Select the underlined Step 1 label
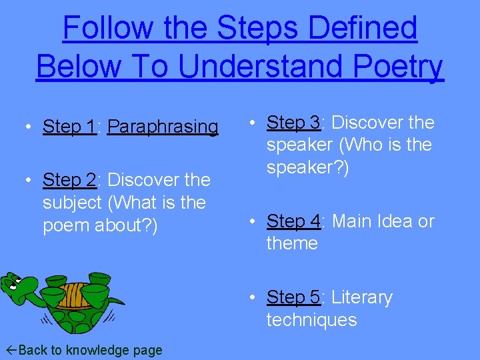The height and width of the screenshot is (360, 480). (x=69, y=126)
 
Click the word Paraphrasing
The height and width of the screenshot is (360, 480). (x=163, y=126)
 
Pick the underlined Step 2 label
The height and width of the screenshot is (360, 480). (x=69, y=180)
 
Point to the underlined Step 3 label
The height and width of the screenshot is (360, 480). (x=293, y=123)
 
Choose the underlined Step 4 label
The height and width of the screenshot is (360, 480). (x=293, y=221)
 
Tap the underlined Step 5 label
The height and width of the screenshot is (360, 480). (x=293, y=297)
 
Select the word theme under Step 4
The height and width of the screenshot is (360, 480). (x=292, y=243)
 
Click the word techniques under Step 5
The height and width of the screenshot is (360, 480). (x=311, y=319)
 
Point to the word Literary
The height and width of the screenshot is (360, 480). (x=361, y=297)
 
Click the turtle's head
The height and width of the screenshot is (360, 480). (x=19, y=287)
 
